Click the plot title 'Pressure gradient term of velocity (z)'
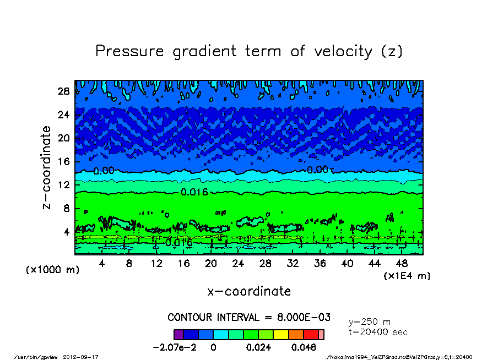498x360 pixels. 249,51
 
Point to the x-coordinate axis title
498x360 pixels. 249,291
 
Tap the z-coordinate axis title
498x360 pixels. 48,167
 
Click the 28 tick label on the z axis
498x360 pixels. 64,91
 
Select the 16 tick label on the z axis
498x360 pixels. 64,162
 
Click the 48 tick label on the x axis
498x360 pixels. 401,264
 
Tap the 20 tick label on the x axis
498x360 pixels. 211,264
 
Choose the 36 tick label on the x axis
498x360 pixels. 320,264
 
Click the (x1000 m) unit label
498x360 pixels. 50,270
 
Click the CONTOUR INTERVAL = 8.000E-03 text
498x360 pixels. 249,318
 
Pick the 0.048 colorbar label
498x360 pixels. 304,348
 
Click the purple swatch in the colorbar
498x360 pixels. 178,335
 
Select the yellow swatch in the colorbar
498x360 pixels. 281,335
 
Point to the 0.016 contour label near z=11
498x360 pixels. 194,192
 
